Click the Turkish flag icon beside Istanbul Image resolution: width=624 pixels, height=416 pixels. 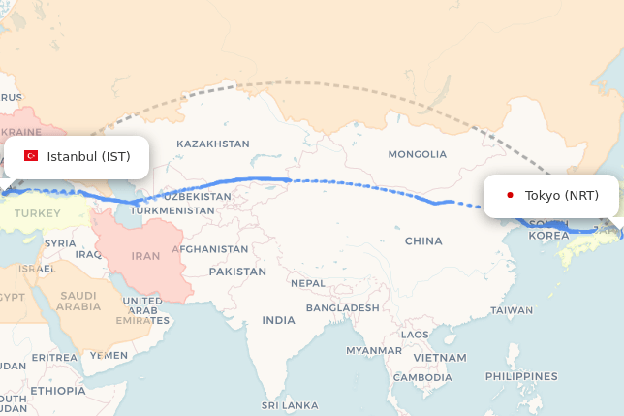click(x=31, y=156)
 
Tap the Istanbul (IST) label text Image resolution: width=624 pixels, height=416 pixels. click(x=88, y=157)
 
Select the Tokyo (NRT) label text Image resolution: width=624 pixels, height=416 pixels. click(x=562, y=196)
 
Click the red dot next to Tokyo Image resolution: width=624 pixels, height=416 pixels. click(x=510, y=195)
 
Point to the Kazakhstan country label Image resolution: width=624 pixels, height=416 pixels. click(x=212, y=144)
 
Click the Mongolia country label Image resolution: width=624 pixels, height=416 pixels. click(x=418, y=154)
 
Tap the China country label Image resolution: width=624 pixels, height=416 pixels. click(x=423, y=240)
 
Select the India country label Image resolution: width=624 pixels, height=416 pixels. click(x=279, y=320)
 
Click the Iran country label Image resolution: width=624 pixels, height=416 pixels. click(x=145, y=256)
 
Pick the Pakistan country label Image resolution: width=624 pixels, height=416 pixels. click(x=237, y=272)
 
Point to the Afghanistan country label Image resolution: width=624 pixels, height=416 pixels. click(x=210, y=249)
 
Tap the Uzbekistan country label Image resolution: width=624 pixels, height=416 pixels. click(x=197, y=196)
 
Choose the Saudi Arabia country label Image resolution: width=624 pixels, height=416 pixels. click(x=78, y=301)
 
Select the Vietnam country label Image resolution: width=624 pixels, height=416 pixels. click(x=439, y=358)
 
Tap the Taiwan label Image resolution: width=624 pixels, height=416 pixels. click(x=511, y=310)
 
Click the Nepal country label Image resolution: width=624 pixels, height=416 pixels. click(x=308, y=283)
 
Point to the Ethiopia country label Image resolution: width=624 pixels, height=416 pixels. click(x=57, y=391)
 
